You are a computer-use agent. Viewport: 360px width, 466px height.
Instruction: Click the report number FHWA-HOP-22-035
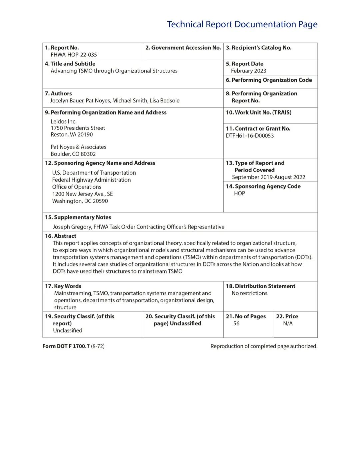coord(74,55)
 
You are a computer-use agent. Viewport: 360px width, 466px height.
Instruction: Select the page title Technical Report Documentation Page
coord(242,24)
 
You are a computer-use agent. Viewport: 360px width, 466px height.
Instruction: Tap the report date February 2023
coord(248,71)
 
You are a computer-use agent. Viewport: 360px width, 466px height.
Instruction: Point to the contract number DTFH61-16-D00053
coord(250,136)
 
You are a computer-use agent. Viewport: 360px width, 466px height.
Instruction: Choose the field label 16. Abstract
coord(61,236)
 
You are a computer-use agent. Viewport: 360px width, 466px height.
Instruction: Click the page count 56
coord(236,324)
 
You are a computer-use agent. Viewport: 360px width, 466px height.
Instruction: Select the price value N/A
coord(288,324)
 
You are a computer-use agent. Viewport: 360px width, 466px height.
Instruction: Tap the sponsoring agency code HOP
coord(239,193)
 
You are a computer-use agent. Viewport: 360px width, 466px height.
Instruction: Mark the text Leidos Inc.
coord(63,122)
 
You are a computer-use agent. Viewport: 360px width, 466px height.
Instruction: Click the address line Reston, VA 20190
coord(72,135)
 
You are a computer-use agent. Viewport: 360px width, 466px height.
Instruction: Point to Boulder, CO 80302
coord(73,154)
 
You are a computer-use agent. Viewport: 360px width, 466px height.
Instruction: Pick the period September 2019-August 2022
coord(268,177)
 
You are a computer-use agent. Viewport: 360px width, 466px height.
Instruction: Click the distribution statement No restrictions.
coord(250,293)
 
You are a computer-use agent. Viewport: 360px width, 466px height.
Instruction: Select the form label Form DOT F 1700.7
coord(66,346)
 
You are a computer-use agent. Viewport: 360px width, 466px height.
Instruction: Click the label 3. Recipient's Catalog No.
coord(259,48)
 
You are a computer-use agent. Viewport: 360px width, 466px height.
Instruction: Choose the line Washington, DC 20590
coord(80,201)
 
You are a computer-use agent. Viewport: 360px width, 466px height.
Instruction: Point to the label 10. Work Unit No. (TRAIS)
coord(259,113)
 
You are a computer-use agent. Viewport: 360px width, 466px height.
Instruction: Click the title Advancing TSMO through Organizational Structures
coord(114,71)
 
